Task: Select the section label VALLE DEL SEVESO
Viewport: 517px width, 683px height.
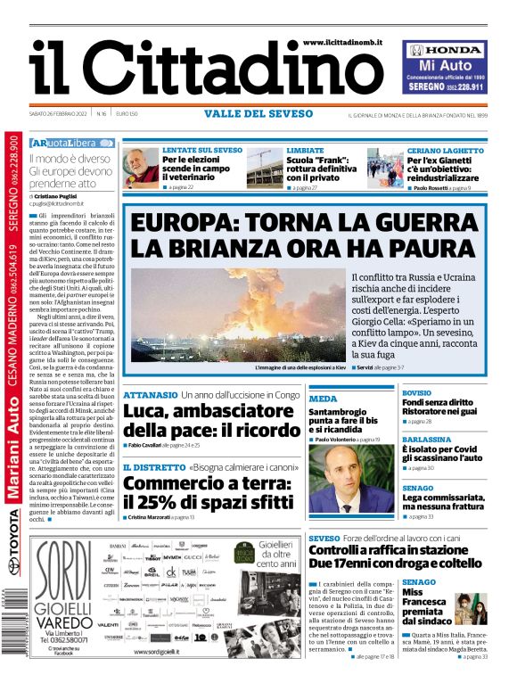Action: pos(258,114)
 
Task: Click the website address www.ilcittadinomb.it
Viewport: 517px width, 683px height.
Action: pos(342,42)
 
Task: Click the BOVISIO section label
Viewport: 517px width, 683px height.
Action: pos(416,392)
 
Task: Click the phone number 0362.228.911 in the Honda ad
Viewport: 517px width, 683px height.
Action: pos(464,87)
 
